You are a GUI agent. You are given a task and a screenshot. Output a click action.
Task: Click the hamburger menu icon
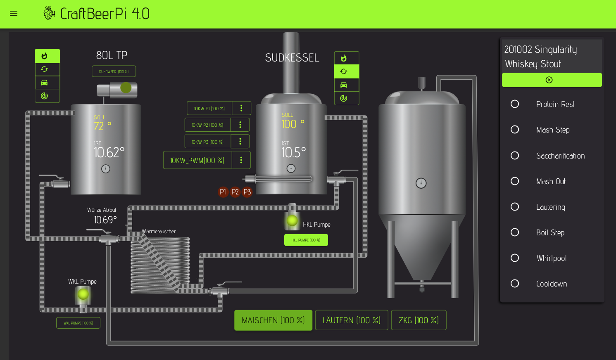(x=14, y=13)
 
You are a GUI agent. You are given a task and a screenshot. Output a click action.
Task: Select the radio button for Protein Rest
(x=515, y=104)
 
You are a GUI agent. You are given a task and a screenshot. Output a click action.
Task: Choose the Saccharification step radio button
(x=515, y=156)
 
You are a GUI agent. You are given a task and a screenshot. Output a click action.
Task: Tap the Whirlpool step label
(x=551, y=258)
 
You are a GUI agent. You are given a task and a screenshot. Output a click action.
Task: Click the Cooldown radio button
(x=515, y=284)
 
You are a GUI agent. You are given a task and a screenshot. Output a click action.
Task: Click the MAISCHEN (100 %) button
(x=273, y=320)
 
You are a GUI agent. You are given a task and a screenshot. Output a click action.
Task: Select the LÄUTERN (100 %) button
(x=351, y=320)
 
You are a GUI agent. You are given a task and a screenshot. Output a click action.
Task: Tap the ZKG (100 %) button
(x=419, y=320)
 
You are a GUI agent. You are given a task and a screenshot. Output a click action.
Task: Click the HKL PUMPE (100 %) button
(x=306, y=240)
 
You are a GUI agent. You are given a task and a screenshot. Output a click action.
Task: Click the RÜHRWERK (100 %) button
(x=114, y=71)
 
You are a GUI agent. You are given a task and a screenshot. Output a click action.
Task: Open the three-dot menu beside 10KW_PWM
(x=241, y=160)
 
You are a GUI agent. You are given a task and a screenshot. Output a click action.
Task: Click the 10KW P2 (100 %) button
(x=207, y=125)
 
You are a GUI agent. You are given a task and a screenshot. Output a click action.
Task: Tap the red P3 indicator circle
(x=247, y=192)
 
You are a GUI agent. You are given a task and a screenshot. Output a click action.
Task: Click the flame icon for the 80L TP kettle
(x=45, y=56)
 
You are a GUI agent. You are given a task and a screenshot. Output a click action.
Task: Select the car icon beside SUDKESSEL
(x=344, y=85)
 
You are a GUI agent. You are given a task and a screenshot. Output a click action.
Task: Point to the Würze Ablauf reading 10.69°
(x=105, y=220)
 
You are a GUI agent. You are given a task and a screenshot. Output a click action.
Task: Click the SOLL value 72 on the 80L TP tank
(x=99, y=126)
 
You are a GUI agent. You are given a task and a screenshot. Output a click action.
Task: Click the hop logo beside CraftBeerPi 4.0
(x=49, y=13)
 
